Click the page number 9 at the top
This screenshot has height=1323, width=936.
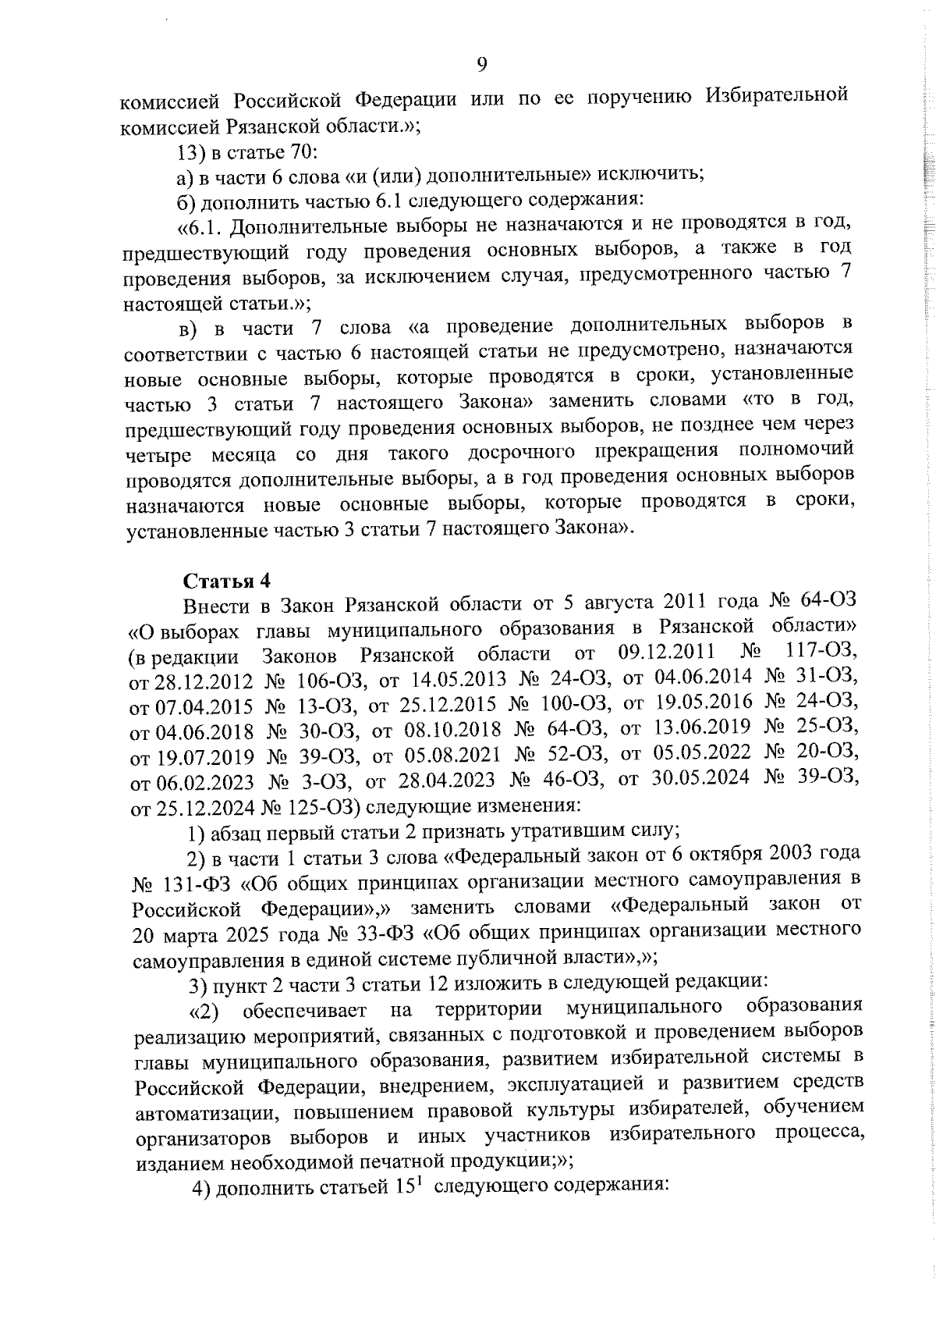[x=481, y=65]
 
